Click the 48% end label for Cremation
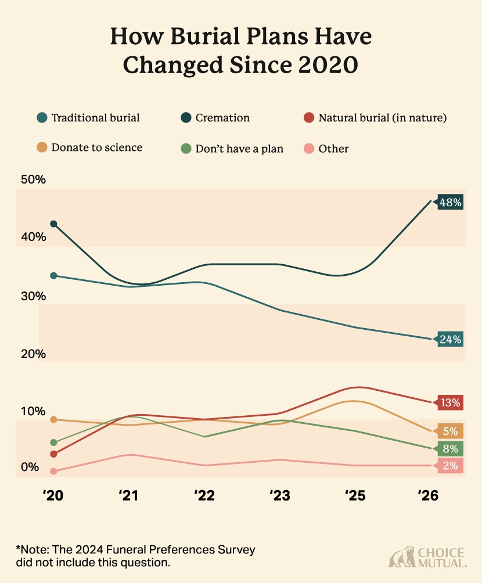(450, 203)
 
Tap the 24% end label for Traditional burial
(450, 340)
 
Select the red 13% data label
(450, 402)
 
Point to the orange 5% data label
(451, 431)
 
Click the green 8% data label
(451, 449)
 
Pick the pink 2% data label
(451, 465)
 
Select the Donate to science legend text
(96, 147)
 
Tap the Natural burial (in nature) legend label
(382, 118)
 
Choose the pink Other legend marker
(307, 149)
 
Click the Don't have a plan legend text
(239, 149)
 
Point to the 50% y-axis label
(33, 179)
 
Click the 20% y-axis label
(33, 354)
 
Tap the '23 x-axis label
(280, 495)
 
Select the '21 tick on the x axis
(128, 495)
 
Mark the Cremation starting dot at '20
(53, 224)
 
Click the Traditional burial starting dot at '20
(53, 276)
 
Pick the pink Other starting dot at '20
(53, 472)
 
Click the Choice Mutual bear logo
(401, 557)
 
